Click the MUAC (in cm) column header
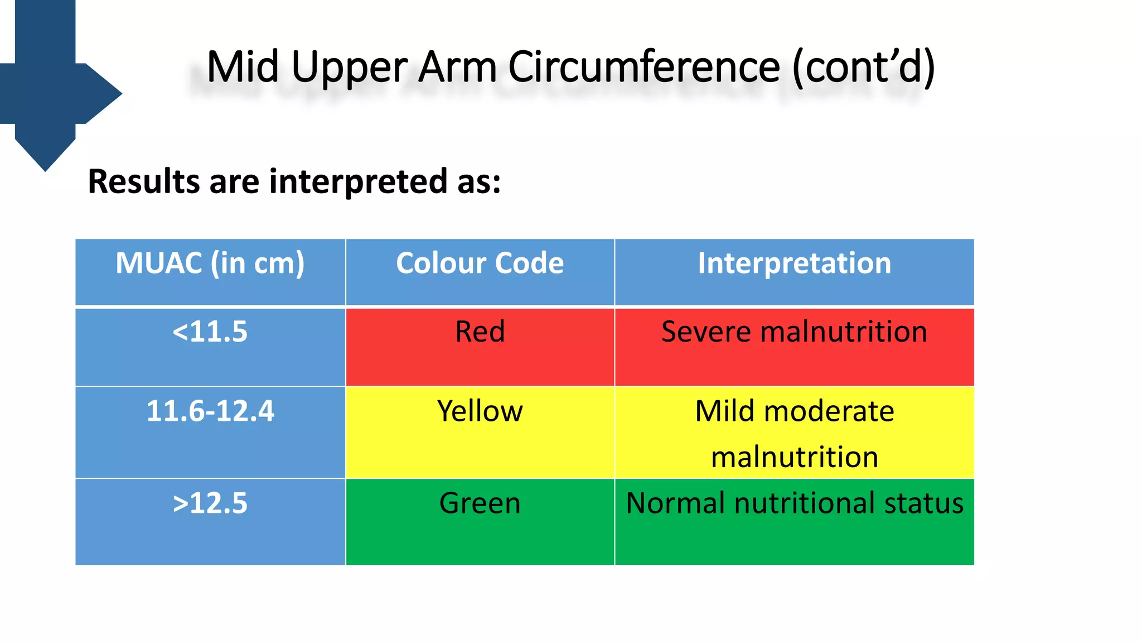(x=210, y=263)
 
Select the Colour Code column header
(x=480, y=263)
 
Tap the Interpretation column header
(x=794, y=263)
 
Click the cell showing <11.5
(x=210, y=332)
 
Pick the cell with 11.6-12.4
(x=210, y=411)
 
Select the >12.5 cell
(x=210, y=503)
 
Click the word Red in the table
(x=480, y=332)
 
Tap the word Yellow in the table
(x=480, y=411)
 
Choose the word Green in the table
(x=480, y=503)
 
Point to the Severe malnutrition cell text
(x=794, y=332)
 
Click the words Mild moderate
(x=794, y=411)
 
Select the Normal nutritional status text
(x=794, y=503)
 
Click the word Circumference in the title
(x=644, y=67)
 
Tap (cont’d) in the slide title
(x=863, y=67)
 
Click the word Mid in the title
(x=243, y=67)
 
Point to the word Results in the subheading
(x=144, y=182)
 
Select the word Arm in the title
(x=457, y=67)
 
